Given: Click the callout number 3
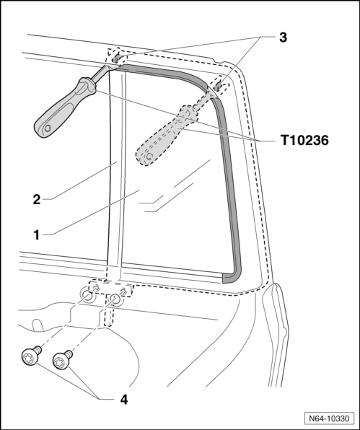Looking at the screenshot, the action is click(x=283, y=38).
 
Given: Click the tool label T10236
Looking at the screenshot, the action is click(x=304, y=141).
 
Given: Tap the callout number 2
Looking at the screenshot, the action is click(x=37, y=199).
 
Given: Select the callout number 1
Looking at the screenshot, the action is click(x=37, y=235).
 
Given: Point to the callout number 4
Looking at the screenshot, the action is click(x=124, y=400).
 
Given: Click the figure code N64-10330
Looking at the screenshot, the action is click(x=329, y=418).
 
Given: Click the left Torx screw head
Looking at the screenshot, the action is click(x=29, y=357).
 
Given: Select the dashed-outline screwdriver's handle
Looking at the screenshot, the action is click(x=167, y=136).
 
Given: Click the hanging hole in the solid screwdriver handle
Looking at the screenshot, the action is click(x=48, y=128).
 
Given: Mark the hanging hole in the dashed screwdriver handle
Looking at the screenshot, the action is click(x=149, y=157).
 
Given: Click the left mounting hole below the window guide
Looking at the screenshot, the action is click(x=88, y=297).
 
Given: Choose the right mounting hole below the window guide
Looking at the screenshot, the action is click(x=114, y=299).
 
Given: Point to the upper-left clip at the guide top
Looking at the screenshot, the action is click(x=116, y=59).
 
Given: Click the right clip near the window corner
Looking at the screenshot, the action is click(x=218, y=87).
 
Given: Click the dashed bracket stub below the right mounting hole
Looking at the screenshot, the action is click(x=109, y=315).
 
